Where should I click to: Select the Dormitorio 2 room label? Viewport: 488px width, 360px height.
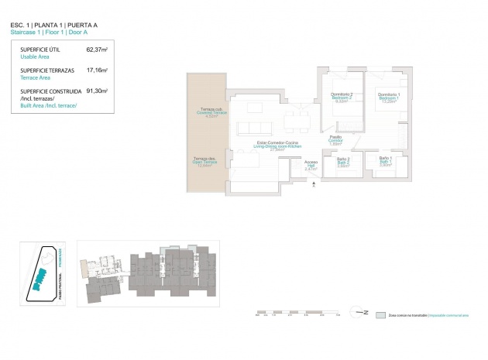coord(342,98)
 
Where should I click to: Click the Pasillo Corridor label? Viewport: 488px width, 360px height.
coord(335,140)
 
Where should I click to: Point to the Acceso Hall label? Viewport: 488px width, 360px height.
coord(311,165)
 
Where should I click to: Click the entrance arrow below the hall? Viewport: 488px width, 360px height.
coord(311,184)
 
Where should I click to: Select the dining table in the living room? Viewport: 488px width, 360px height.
coord(292,120)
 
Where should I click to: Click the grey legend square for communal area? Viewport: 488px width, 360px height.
coord(380,315)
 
